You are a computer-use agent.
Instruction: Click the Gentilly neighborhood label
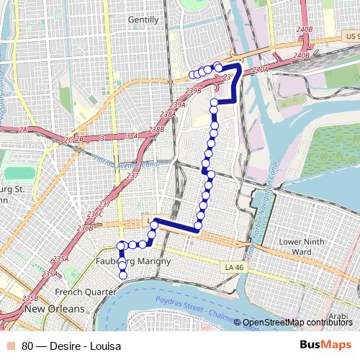(143, 20)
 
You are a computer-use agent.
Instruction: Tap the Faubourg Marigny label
(133, 261)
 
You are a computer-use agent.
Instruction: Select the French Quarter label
(85, 292)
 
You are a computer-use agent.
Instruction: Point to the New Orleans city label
(54, 309)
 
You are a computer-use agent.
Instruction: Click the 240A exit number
(260, 69)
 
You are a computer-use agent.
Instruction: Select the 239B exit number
(192, 90)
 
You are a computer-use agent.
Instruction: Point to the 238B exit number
(156, 130)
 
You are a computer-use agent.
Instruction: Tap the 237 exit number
(132, 176)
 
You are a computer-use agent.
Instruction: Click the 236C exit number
(95, 214)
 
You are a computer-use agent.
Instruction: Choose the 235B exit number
(30, 298)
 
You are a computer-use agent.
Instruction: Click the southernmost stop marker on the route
(122, 274)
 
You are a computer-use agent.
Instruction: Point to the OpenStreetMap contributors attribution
(297, 323)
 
